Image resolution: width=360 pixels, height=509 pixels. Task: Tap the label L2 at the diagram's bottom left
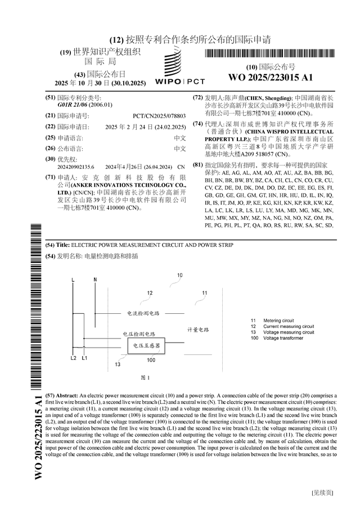click(x=74, y=358)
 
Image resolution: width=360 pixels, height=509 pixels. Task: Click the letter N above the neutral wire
click(x=94, y=279)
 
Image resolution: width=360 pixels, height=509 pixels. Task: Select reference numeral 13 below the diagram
click(x=117, y=364)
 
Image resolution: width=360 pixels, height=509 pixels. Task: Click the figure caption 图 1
click(x=145, y=377)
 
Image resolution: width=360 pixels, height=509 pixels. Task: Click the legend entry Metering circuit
click(x=280, y=321)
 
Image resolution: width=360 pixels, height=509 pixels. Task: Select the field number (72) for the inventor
click(x=197, y=97)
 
